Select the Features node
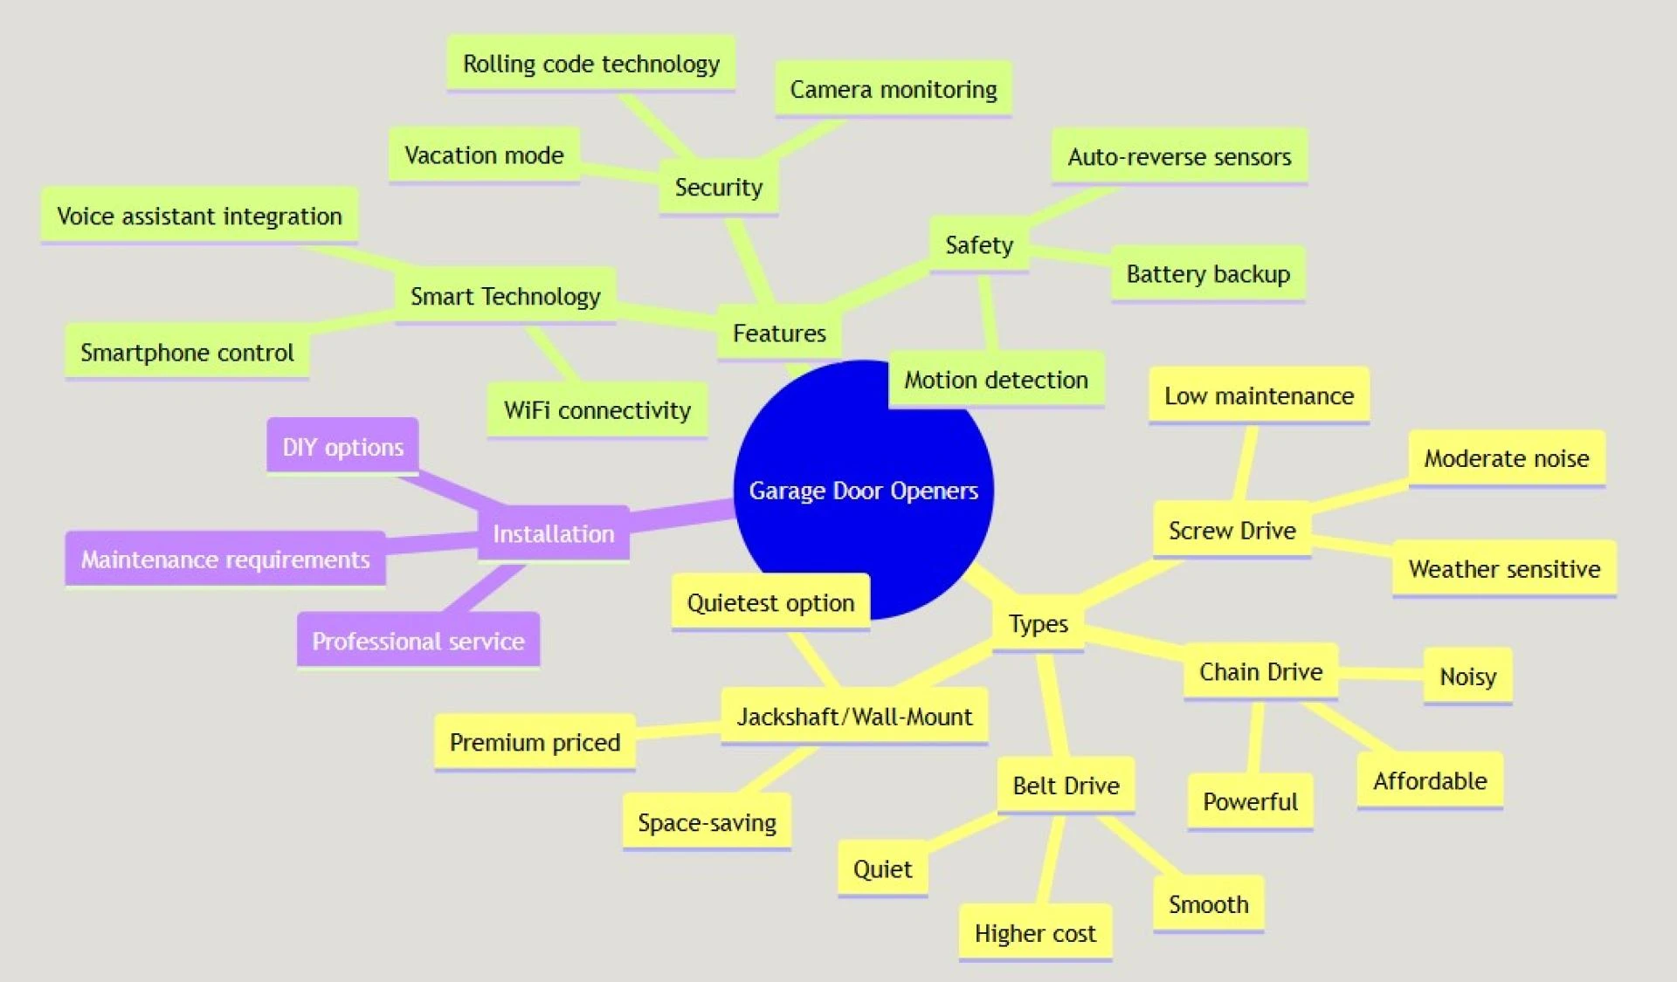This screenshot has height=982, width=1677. pyautogui.click(x=779, y=333)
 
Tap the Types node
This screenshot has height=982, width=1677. pyautogui.click(x=1038, y=623)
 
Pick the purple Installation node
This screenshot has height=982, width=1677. pyautogui.click(x=553, y=533)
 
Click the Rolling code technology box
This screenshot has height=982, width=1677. pyautogui.click(x=590, y=64)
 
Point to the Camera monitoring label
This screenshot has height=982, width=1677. pyautogui.click(x=893, y=89)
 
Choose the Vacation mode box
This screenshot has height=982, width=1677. pyautogui.click(x=484, y=155)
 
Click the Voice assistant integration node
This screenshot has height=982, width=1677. pyautogui.click(x=199, y=216)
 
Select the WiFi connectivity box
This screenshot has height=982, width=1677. pyautogui.click(x=597, y=409)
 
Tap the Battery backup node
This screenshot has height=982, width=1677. pyautogui.click(x=1207, y=274)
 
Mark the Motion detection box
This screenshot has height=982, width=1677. pyautogui.click(x=996, y=380)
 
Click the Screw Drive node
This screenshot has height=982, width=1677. pyautogui.click(x=1232, y=530)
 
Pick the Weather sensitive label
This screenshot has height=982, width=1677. pyautogui.click(x=1504, y=569)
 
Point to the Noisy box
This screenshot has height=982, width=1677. pyautogui.click(x=1467, y=676)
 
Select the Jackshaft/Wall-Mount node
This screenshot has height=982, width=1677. pyautogui.click(x=853, y=717)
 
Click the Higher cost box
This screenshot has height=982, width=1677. pyautogui.click(x=1035, y=933)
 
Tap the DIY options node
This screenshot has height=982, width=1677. pyautogui.click(x=342, y=447)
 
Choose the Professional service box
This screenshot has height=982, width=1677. pyautogui.click(x=418, y=641)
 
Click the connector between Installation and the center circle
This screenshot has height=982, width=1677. pyautogui.click(x=681, y=514)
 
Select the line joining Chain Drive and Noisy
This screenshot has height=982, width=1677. pyautogui.click(x=1381, y=673)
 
